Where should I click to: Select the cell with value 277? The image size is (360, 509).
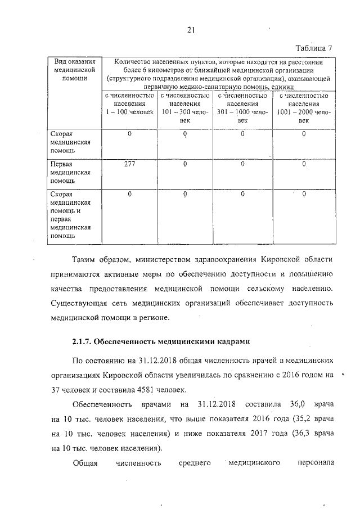click(x=130, y=164)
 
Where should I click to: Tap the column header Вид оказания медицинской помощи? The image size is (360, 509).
click(x=71, y=70)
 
